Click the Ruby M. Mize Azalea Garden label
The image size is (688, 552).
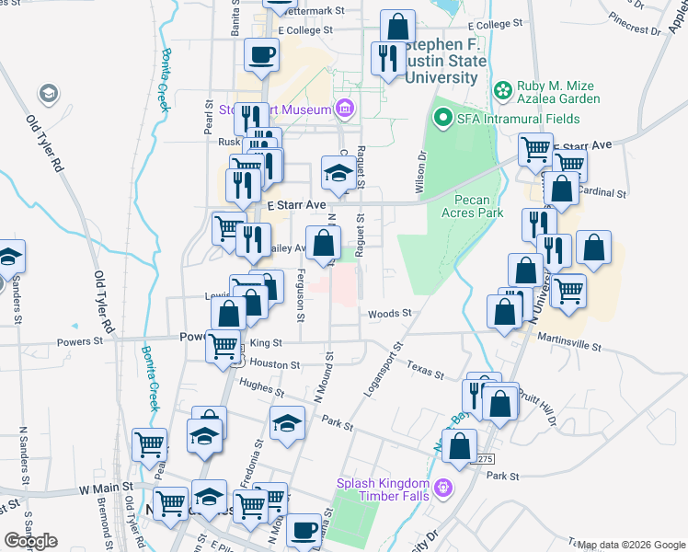(557, 90)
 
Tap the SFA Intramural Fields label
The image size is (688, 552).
(520, 119)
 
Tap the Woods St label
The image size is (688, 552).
(389, 314)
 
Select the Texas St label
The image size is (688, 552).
(425, 370)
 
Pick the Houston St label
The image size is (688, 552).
(275, 364)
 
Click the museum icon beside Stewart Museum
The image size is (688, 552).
(345, 110)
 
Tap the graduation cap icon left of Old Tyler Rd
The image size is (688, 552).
(47, 93)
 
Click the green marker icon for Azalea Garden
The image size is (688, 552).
(502, 89)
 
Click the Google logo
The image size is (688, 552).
(30, 541)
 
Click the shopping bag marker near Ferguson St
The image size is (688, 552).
(323, 244)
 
